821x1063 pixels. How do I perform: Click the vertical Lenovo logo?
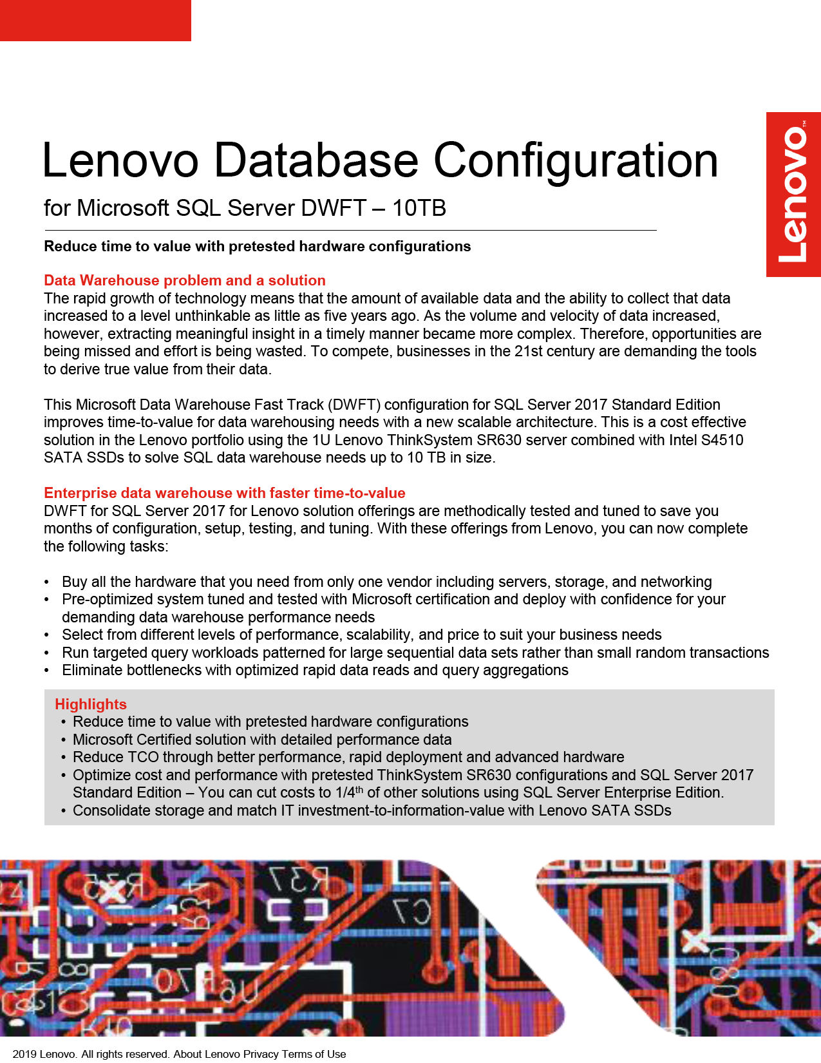click(x=793, y=195)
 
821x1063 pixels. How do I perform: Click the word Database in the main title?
click(x=316, y=160)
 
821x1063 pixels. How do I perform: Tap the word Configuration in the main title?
click(x=576, y=160)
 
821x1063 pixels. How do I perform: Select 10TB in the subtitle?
click(x=419, y=208)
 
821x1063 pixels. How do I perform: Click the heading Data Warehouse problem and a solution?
click(x=185, y=280)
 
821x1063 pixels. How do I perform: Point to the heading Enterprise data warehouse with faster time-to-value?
click(x=225, y=493)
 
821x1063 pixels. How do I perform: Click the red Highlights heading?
click(x=91, y=704)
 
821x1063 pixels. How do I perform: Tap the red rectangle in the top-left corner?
click(x=95, y=21)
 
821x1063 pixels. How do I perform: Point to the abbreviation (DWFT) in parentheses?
click(x=354, y=405)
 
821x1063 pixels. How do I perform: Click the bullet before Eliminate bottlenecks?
click(x=47, y=671)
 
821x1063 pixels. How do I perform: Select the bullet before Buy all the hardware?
click(x=47, y=582)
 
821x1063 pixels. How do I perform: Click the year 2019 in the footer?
click(x=24, y=1054)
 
